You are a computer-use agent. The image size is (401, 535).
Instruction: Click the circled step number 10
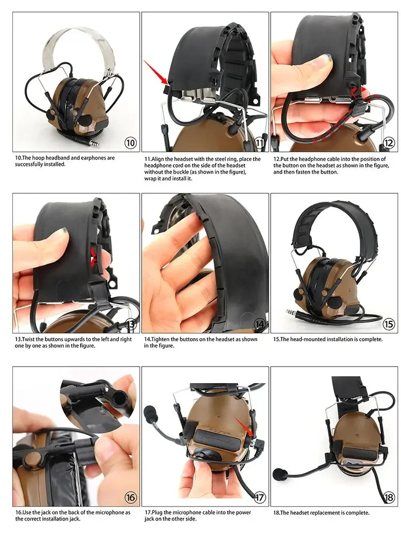point(130,143)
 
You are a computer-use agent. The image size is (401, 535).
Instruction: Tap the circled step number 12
point(388,143)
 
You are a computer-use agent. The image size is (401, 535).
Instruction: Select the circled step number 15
point(388,324)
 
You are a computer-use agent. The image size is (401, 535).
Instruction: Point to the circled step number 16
point(130,497)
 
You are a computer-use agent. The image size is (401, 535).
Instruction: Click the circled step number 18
point(388,497)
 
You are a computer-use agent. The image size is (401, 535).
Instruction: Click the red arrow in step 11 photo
point(156,72)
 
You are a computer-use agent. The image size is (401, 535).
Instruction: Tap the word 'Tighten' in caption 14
point(161,339)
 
